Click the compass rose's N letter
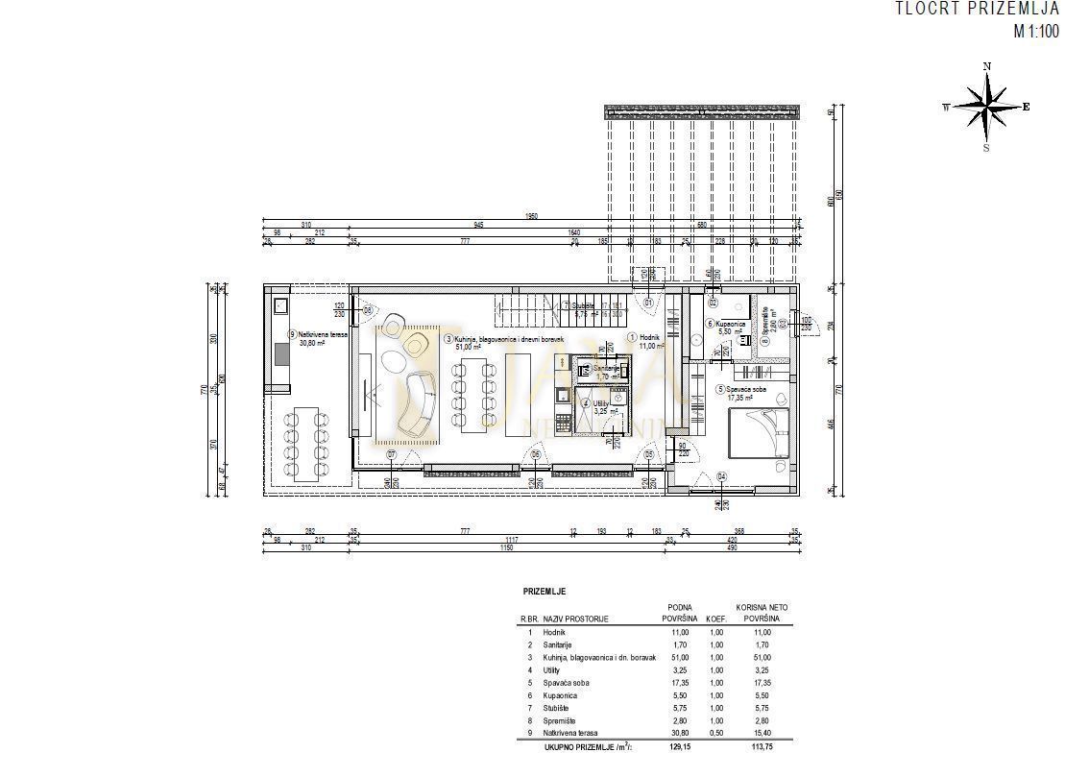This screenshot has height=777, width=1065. [986, 66]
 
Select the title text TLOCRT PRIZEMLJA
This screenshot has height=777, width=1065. [977, 10]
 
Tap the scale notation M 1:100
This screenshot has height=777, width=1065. [1036, 30]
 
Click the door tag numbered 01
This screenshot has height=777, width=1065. [647, 303]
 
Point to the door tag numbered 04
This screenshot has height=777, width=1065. [721, 476]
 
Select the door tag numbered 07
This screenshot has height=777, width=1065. [391, 453]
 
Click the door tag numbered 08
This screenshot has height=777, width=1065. [367, 310]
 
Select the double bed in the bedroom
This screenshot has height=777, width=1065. [760, 434]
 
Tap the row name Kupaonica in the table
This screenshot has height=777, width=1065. [561, 694]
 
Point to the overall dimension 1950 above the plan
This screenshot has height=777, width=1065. [531, 216]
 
